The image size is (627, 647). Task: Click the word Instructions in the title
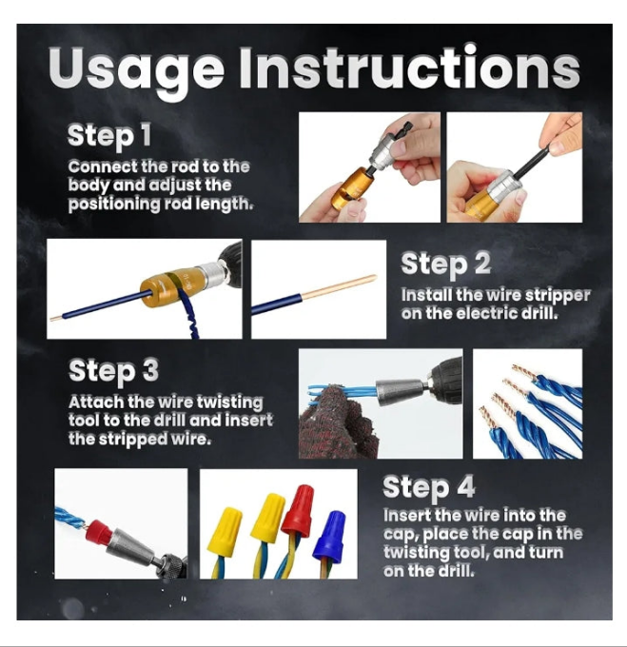(x=410, y=66)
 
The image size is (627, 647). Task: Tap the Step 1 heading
(x=109, y=135)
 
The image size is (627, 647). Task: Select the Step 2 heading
(x=446, y=264)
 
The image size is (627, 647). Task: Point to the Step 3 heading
(x=113, y=371)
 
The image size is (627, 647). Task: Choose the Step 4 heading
(x=428, y=488)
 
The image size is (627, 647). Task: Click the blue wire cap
(x=329, y=535)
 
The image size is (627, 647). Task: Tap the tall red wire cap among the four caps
(x=298, y=511)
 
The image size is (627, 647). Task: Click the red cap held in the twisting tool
(x=98, y=533)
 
